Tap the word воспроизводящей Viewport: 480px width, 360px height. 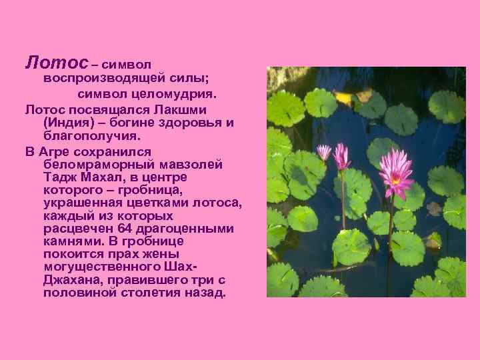click(x=99, y=79)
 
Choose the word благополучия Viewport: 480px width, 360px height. click(x=91, y=136)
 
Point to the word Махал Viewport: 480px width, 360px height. click(x=105, y=177)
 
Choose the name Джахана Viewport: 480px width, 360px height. click(x=71, y=281)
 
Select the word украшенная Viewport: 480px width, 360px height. click(x=82, y=203)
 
